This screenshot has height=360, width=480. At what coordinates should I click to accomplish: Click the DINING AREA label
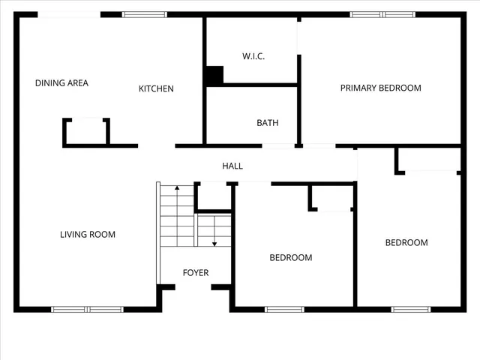[x=61, y=83]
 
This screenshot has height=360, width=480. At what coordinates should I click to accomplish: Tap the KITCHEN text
[x=156, y=88]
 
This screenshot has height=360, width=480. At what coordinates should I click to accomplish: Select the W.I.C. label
[x=253, y=56]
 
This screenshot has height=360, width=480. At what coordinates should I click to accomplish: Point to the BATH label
[x=268, y=123]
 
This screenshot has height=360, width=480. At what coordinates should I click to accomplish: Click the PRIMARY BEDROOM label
[x=380, y=88]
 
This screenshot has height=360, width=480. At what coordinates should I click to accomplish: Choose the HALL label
[x=232, y=166]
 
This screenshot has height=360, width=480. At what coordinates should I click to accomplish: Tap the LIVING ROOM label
[x=88, y=235]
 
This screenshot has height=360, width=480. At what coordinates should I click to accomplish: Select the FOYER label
[x=196, y=273]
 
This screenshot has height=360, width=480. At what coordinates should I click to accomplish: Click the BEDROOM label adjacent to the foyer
[x=291, y=258]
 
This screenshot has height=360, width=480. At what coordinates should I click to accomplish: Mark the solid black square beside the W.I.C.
[x=214, y=76]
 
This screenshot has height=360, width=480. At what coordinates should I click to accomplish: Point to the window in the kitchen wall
[x=145, y=14]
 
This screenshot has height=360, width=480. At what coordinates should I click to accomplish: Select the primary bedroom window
[x=382, y=14]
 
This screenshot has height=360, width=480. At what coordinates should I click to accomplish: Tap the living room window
[x=87, y=309]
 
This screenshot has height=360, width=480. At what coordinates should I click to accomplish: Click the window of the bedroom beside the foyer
[x=284, y=309]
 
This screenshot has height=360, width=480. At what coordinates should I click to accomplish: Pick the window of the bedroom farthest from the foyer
[x=411, y=309]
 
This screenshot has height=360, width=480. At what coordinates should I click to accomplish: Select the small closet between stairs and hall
[x=214, y=196]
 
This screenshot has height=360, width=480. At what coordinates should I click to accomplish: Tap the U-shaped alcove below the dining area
[x=86, y=132]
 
